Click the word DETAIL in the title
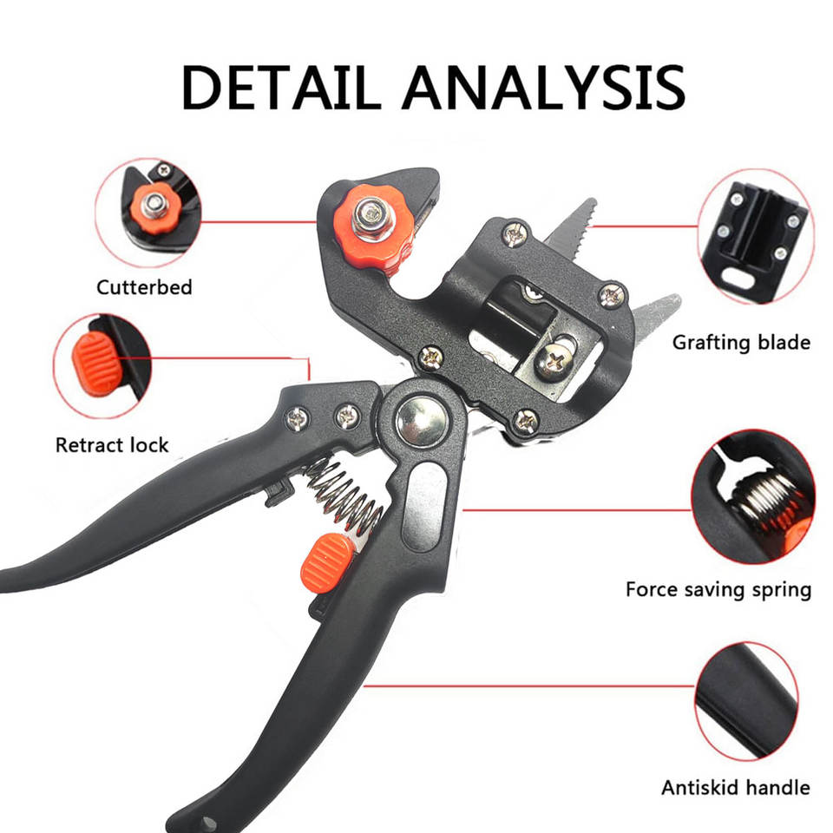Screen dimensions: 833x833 point(280,88)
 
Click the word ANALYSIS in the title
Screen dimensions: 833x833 point(544,88)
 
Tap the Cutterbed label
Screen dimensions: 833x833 point(144,287)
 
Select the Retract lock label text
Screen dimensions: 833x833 point(112,444)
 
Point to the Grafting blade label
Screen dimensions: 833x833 point(742,343)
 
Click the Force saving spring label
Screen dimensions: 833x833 point(718,590)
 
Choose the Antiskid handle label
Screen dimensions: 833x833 point(736,787)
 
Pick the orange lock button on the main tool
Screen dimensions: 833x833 point(325,563)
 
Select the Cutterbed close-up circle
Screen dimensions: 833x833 point(148,213)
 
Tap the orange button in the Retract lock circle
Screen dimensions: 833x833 point(95,364)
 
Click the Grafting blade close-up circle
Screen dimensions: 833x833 point(756,236)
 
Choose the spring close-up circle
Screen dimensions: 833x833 point(753,496)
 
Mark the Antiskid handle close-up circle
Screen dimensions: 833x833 point(746,701)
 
